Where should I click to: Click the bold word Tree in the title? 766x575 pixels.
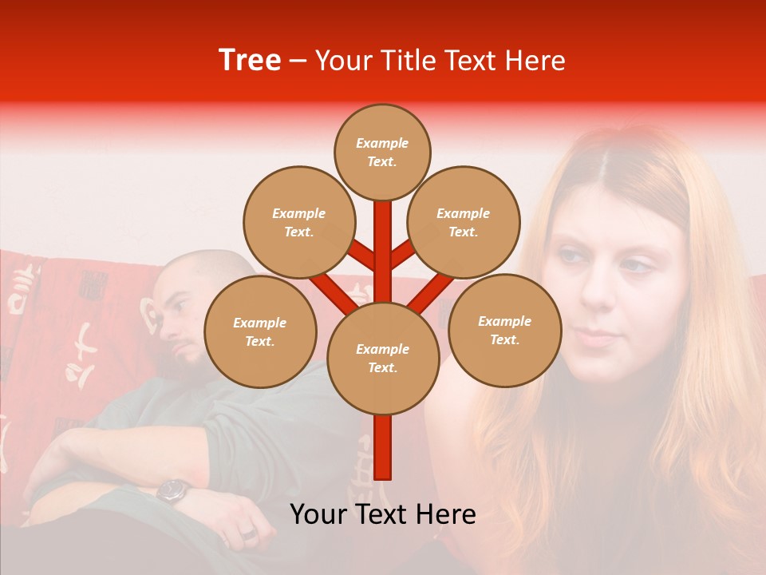pyautogui.click(x=250, y=61)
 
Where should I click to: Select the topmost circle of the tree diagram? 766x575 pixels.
pyautogui.click(x=382, y=152)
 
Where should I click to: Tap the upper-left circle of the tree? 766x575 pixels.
pyautogui.click(x=298, y=222)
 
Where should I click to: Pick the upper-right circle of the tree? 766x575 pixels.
pyautogui.click(x=463, y=222)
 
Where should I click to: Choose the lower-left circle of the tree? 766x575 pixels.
pyautogui.click(x=260, y=331)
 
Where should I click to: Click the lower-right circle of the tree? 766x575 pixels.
pyautogui.click(x=504, y=330)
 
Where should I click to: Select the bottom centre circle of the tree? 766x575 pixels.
pyautogui.click(x=382, y=359)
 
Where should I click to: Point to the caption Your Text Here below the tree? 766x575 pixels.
pyautogui.click(x=382, y=514)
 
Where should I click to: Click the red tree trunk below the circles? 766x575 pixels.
pyautogui.click(x=382, y=447)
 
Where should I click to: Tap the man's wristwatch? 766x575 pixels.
pyautogui.click(x=172, y=490)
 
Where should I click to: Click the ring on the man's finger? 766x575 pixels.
pyautogui.click(x=249, y=533)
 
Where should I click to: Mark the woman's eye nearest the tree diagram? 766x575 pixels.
pyautogui.click(x=571, y=257)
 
